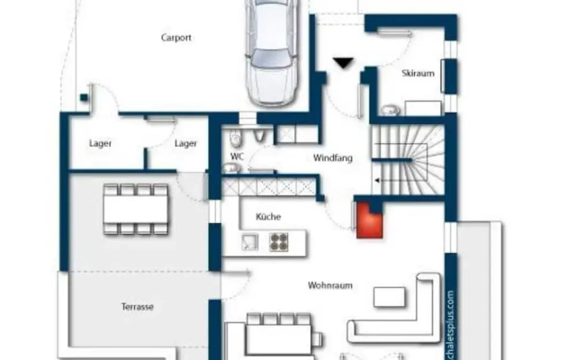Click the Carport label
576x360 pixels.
176,38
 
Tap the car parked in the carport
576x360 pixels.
272,52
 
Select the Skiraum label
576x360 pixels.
418,73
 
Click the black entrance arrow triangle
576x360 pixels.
344,63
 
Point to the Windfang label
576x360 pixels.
333,158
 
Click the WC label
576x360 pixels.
237,157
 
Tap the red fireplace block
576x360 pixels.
370,220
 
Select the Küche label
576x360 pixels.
268,217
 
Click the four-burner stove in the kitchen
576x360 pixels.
279,242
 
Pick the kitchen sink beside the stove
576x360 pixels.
250,242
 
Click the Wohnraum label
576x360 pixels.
330,285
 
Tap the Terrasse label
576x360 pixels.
138,307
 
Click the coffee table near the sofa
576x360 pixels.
390,297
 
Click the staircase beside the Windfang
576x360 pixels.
408,160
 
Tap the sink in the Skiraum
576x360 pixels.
391,110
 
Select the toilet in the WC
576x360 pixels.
236,137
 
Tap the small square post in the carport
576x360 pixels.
84,97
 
